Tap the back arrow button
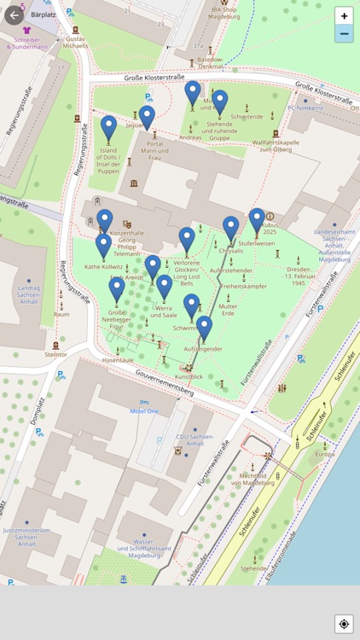click(13, 15)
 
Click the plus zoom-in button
click(344, 15)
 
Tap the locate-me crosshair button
click(344, 624)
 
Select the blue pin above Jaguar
click(148, 116)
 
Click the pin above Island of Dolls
click(108, 128)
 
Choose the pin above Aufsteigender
click(204, 328)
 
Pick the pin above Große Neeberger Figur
click(117, 289)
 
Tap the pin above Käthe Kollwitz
click(103, 246)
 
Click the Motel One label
click(144, 411)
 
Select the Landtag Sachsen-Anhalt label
click(27, 292)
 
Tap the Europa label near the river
click(324, 454)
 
